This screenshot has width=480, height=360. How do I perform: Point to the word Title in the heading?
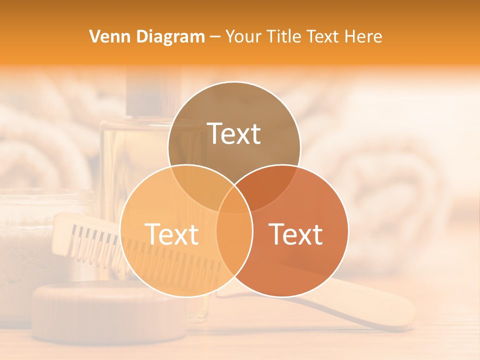(285, 36)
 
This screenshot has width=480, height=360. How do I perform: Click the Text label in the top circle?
(234, 133)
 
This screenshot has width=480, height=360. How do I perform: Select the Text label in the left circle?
(171, 234)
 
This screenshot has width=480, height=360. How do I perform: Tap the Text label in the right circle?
(295, 234)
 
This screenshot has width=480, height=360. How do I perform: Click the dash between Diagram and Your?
(215, 37)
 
